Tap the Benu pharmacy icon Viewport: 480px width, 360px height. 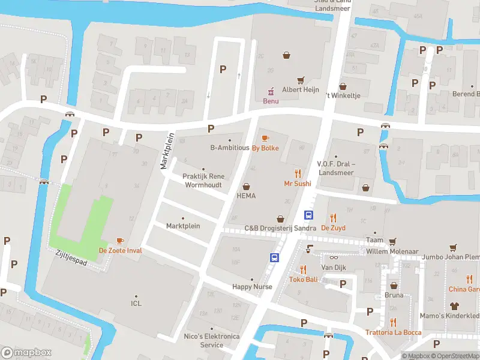[x=271, y=91]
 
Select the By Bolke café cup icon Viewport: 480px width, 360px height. [x=265, y=139]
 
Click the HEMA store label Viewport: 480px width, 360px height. [x=246, y=196]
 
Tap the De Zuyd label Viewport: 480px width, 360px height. [x=333, y=227]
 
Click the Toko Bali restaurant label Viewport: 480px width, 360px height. [x=303, y=279]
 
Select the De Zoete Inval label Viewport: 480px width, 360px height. [x=121, y=250]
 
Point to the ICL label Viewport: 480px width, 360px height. [x=136, y=304]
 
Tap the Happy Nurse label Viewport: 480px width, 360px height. [x=252, y=287]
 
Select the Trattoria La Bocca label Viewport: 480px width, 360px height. [x=393, y=332]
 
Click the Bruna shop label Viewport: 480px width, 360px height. [x=394, y=295]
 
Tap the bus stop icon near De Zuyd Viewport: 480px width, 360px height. [x=308, y=215]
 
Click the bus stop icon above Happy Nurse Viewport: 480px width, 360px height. [x=274, y=257]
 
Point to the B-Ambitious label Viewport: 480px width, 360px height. [x=230, y=148]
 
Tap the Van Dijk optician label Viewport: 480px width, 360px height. [x=334, y=267]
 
